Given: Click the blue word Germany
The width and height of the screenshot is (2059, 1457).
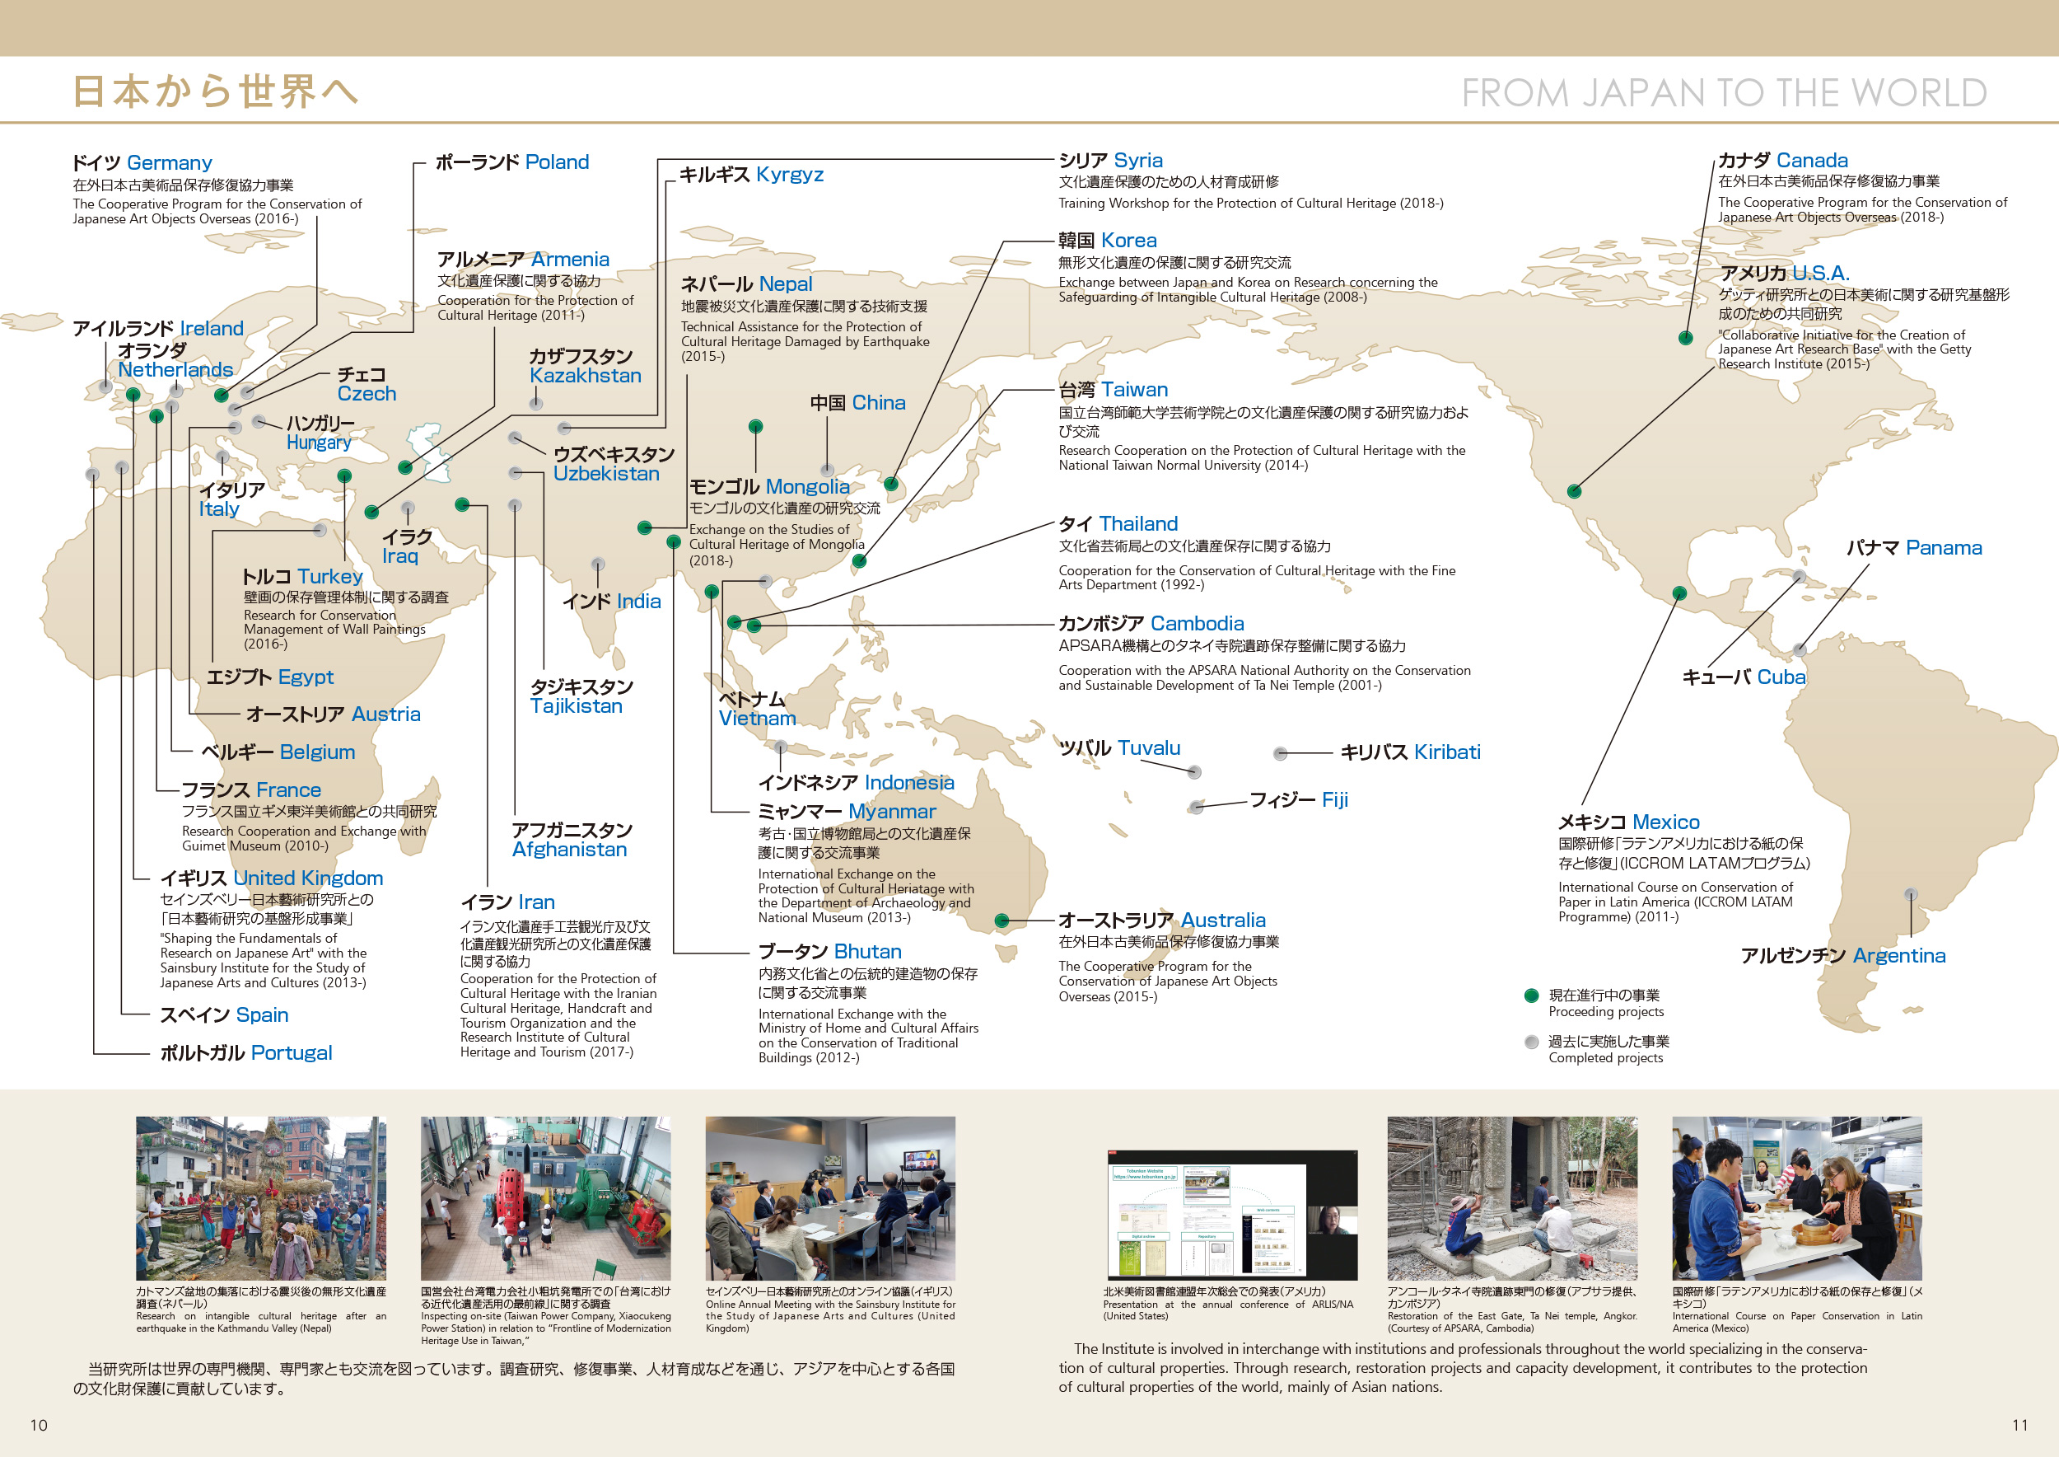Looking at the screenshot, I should pyautogui.click(x=170, y=163).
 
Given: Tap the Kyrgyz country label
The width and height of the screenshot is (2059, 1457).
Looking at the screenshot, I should pyautogui.click(x=789, y=175).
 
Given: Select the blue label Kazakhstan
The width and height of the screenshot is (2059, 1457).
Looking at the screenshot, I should pyautogui.click(x=585, y=376).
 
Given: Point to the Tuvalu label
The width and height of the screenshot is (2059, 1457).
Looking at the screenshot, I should pyautogui.click(x=1149, y=748).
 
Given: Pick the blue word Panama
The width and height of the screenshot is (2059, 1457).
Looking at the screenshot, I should pyautogui.click(x=1944, y=548).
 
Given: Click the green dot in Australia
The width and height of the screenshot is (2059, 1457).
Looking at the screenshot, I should pyautogui.click(x=1002, y=921).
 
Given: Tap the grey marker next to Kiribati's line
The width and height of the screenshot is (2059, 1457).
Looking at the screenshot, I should pyautogui.click(x=1281, y=753).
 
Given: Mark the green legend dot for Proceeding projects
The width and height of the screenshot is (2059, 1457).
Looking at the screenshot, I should pyautogui.click(x=1532, y=996).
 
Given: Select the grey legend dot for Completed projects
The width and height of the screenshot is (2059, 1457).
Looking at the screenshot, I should pyautogui.click(x=1532, y=1042).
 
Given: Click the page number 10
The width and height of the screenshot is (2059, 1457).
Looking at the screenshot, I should pyautogui.click(x=39, y=1426).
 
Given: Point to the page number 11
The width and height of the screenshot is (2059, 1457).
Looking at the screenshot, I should pyautogui.click(x=2019, y=1426).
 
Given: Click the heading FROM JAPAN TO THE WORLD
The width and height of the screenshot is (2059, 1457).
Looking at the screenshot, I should pyautogui.click(x=1724, y=93).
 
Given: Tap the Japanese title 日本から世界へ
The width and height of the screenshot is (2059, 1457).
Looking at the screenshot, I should pyautogui.click(x=215, y=92).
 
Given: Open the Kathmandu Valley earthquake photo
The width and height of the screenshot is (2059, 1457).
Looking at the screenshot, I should pyautogui.click(x=261, y=1197).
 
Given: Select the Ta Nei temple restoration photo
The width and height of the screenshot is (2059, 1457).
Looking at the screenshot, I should pyautogui.click(x=1512, y=1197).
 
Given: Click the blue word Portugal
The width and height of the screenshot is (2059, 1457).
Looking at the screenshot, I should pyautogui.click(x=291, y=1053).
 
